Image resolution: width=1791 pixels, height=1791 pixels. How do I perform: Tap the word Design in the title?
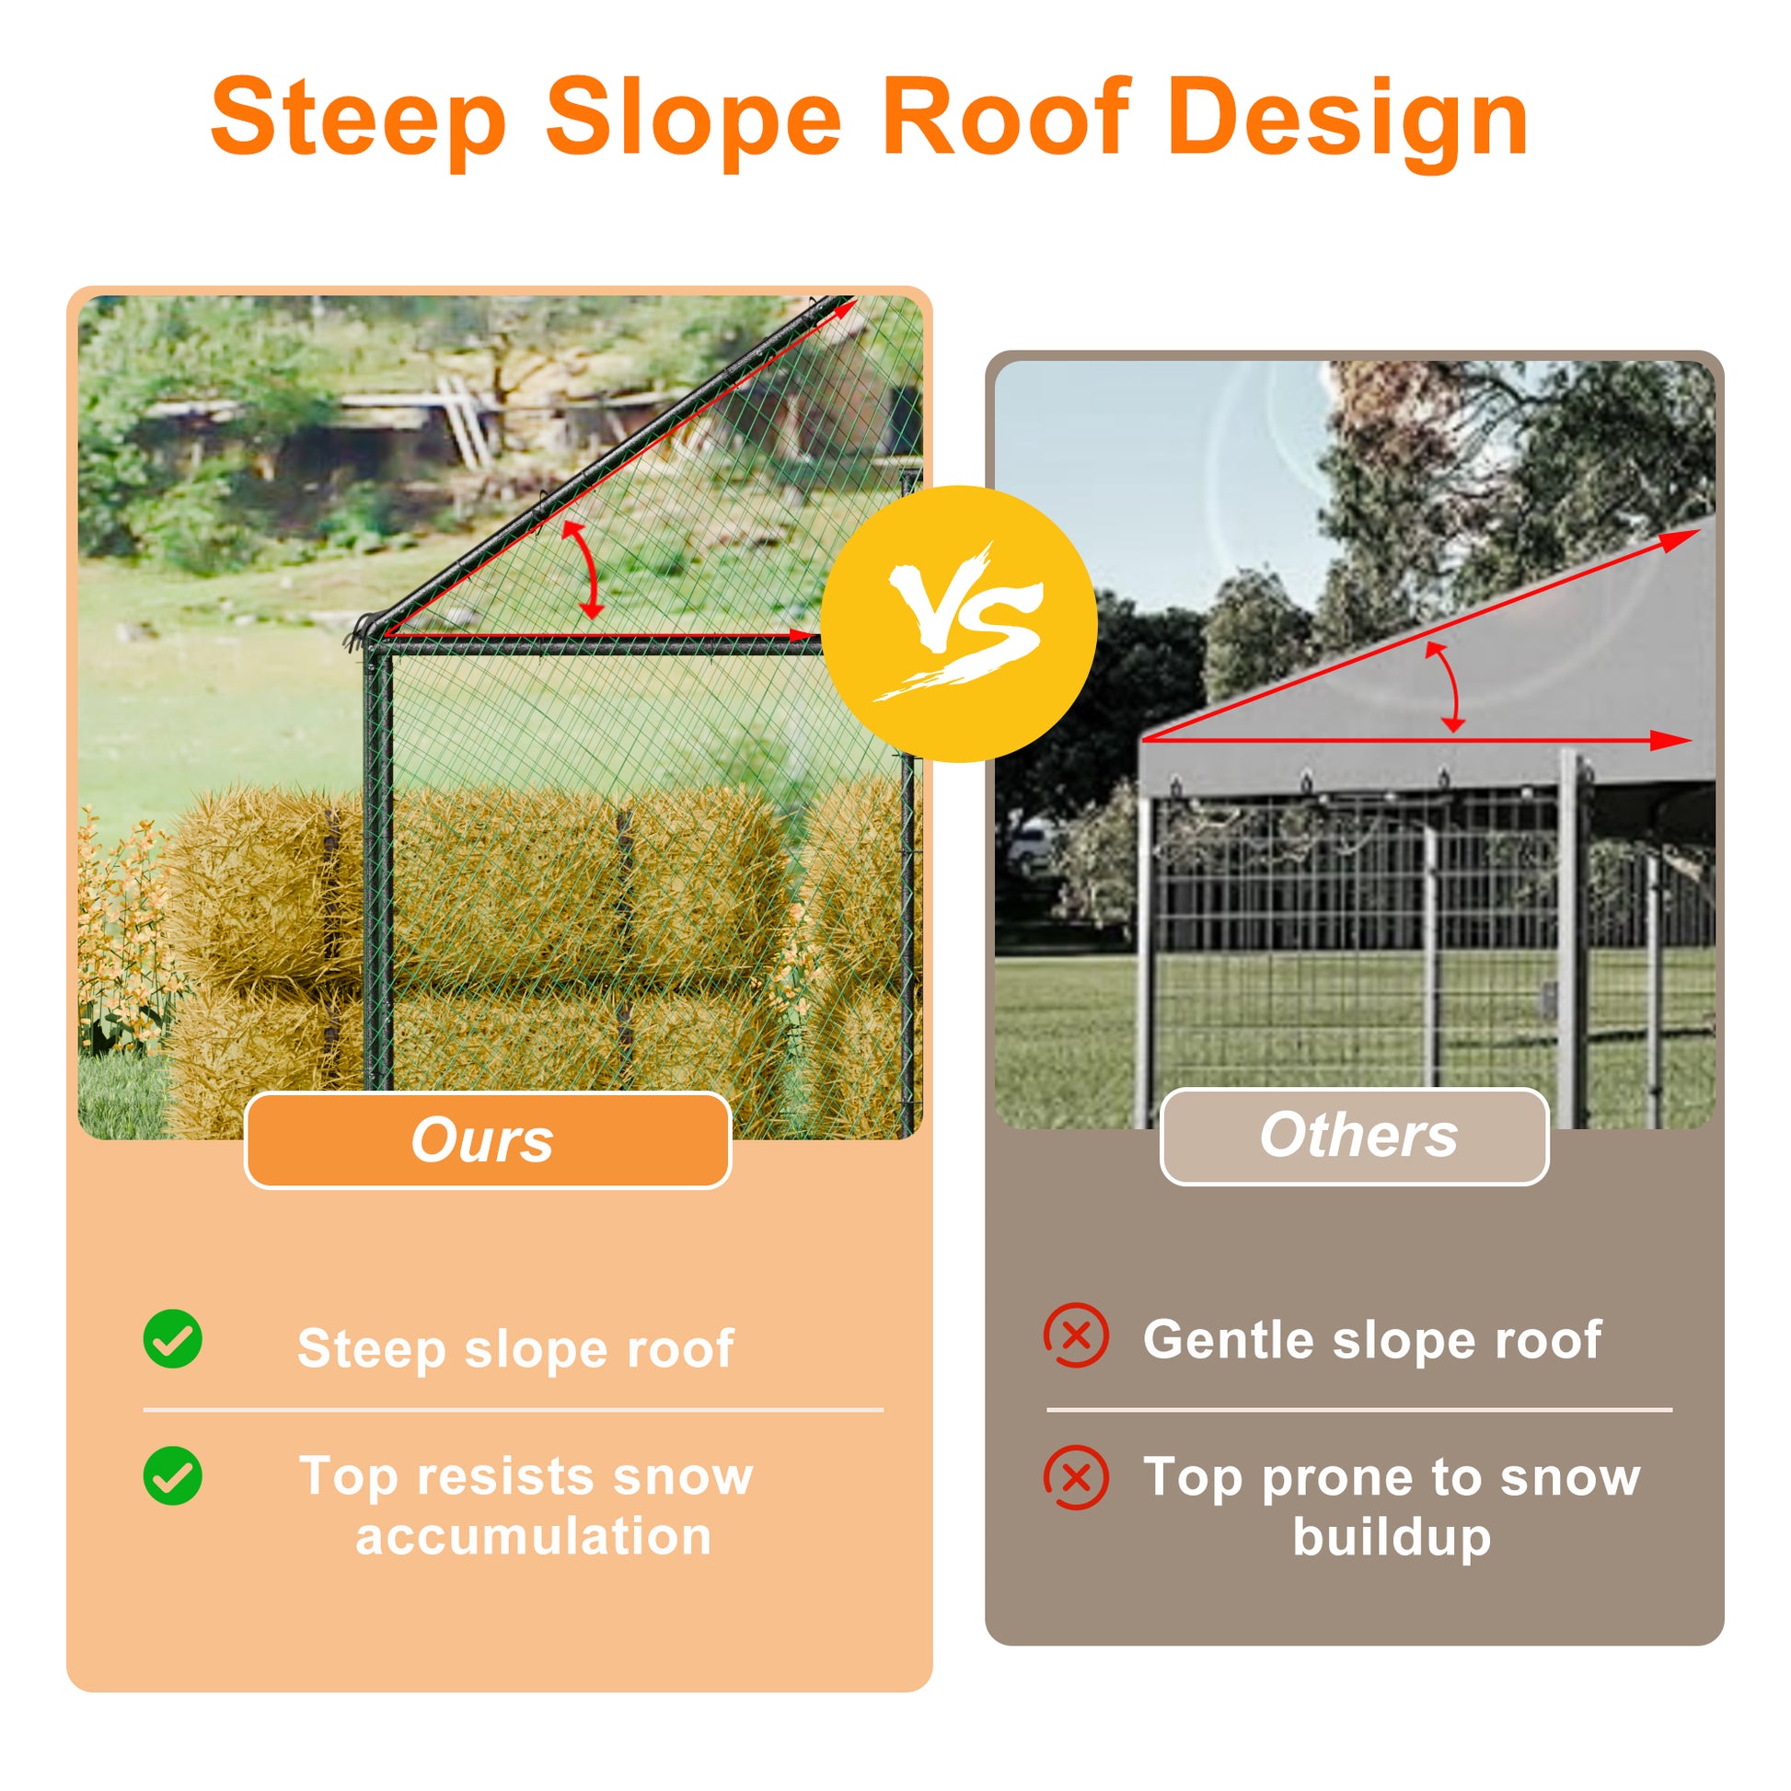coord(1348,121)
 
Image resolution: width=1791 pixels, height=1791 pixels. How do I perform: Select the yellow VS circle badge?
coord(958,624)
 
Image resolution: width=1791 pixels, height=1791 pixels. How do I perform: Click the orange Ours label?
coord(488,1140)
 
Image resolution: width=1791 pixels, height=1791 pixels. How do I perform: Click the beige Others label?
coord(1355,1136)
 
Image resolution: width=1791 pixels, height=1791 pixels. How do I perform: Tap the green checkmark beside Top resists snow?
coord(172,1476)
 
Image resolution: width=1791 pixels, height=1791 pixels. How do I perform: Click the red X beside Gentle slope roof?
coord(1076,1335)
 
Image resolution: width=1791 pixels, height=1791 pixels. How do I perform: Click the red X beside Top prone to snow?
coord(1076,1478)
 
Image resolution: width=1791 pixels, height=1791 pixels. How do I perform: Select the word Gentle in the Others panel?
coord(1229,1340)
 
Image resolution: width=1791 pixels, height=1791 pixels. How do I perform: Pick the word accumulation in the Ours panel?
coord(534,1538)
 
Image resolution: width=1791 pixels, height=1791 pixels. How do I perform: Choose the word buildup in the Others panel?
coord(1392,1538)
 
